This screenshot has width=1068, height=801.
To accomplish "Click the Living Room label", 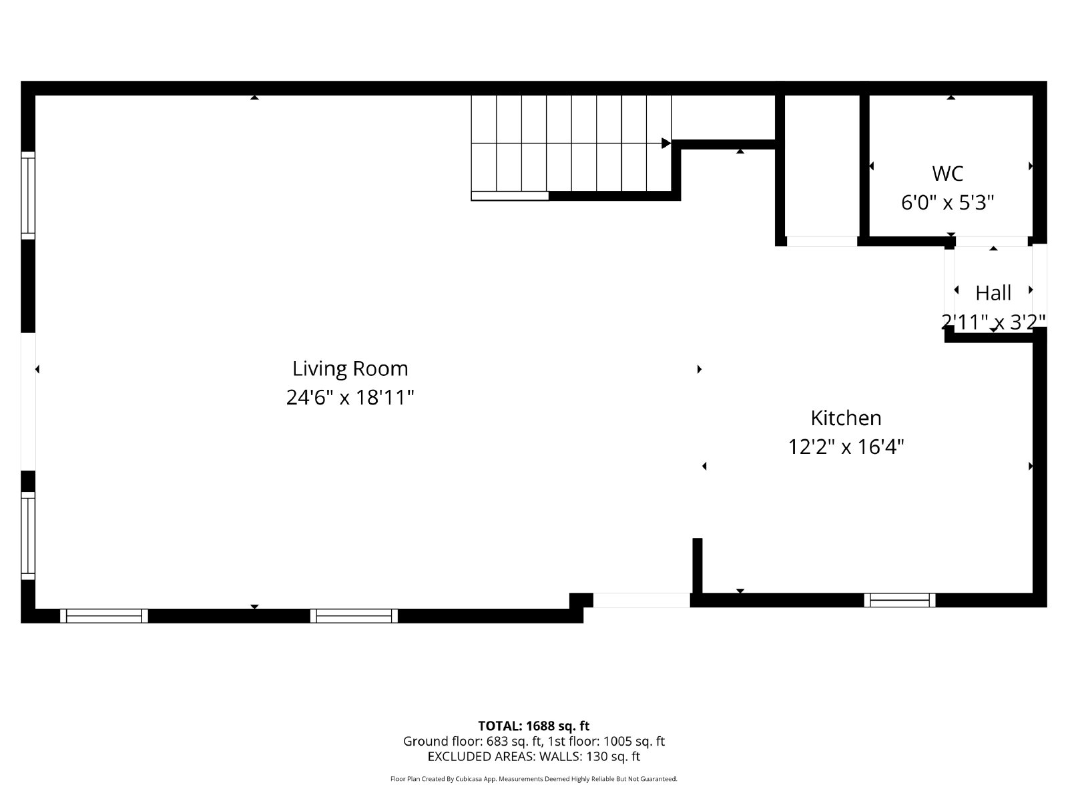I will pos(350,368).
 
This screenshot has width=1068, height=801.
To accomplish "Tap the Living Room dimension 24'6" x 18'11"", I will pos(350,398).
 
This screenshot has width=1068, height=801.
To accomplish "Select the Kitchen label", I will pos(846,418).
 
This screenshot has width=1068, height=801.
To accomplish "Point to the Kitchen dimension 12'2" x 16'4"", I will pos(846,447).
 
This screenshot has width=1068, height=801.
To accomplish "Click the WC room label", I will pos(947,174).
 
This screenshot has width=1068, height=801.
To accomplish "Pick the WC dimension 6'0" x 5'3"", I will pos(947,202).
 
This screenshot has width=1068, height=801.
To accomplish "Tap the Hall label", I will pos(993,293).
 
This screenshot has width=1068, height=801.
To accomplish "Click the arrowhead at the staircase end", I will pos(665,144).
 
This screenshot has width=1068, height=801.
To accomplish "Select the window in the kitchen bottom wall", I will pos(900,600).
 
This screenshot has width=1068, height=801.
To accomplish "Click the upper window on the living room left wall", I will pos(28,195).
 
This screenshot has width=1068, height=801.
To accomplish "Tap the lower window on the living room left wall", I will pos(28,535).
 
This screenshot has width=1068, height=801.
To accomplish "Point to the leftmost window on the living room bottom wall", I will pos(104,615).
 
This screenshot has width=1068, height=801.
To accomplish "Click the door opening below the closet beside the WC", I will pos(822,241).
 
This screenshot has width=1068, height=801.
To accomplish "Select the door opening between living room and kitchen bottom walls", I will pos(641,600).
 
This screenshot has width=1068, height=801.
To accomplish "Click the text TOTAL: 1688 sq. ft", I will pos(533,726).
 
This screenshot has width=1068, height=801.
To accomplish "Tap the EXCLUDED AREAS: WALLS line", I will pos(533,756).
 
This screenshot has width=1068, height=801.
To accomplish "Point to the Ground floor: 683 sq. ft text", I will pos(473,741).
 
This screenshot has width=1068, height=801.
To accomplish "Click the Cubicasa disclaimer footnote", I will pos(533,779).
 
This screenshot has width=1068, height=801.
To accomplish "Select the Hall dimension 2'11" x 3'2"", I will pos(993,322).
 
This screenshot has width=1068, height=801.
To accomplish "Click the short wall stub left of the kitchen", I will pos(697,565).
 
